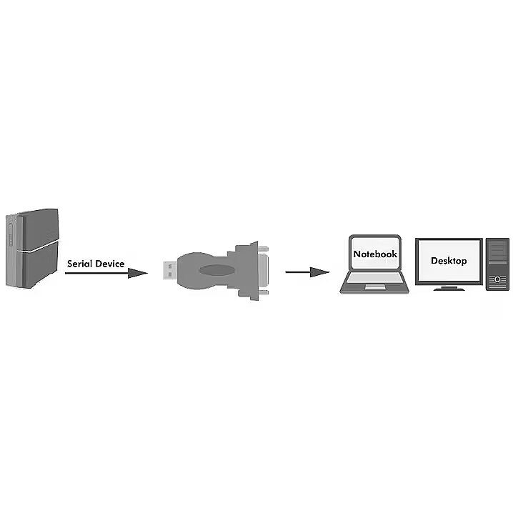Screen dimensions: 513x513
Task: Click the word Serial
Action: tap(79, 264)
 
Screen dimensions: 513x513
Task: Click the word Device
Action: tap(110, 264)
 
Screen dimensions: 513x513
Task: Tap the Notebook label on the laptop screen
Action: tap(375, 254)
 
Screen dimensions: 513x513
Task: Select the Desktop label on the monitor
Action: tap(449, 261)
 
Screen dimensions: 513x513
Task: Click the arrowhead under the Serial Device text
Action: tap(137, 273)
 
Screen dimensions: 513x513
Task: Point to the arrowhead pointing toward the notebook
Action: tap(319, 272)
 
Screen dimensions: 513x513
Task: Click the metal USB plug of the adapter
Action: tap(170, 271)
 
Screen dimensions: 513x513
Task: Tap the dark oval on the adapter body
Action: tap(217, 270)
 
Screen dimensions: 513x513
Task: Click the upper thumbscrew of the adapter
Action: tap(263, 249)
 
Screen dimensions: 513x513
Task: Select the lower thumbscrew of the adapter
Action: tap(263, 292)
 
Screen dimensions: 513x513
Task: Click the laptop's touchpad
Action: tap(375, 287)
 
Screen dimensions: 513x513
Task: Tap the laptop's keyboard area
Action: tap(375, 278)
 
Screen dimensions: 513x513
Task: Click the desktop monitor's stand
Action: tap(449, 288)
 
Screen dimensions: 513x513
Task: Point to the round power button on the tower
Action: tap(497, 279)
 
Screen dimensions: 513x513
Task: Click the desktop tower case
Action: tap(497, 264)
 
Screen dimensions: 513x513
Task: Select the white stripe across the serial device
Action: tap(38, 247)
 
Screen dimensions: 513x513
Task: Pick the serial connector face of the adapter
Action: tap(264, 271)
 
